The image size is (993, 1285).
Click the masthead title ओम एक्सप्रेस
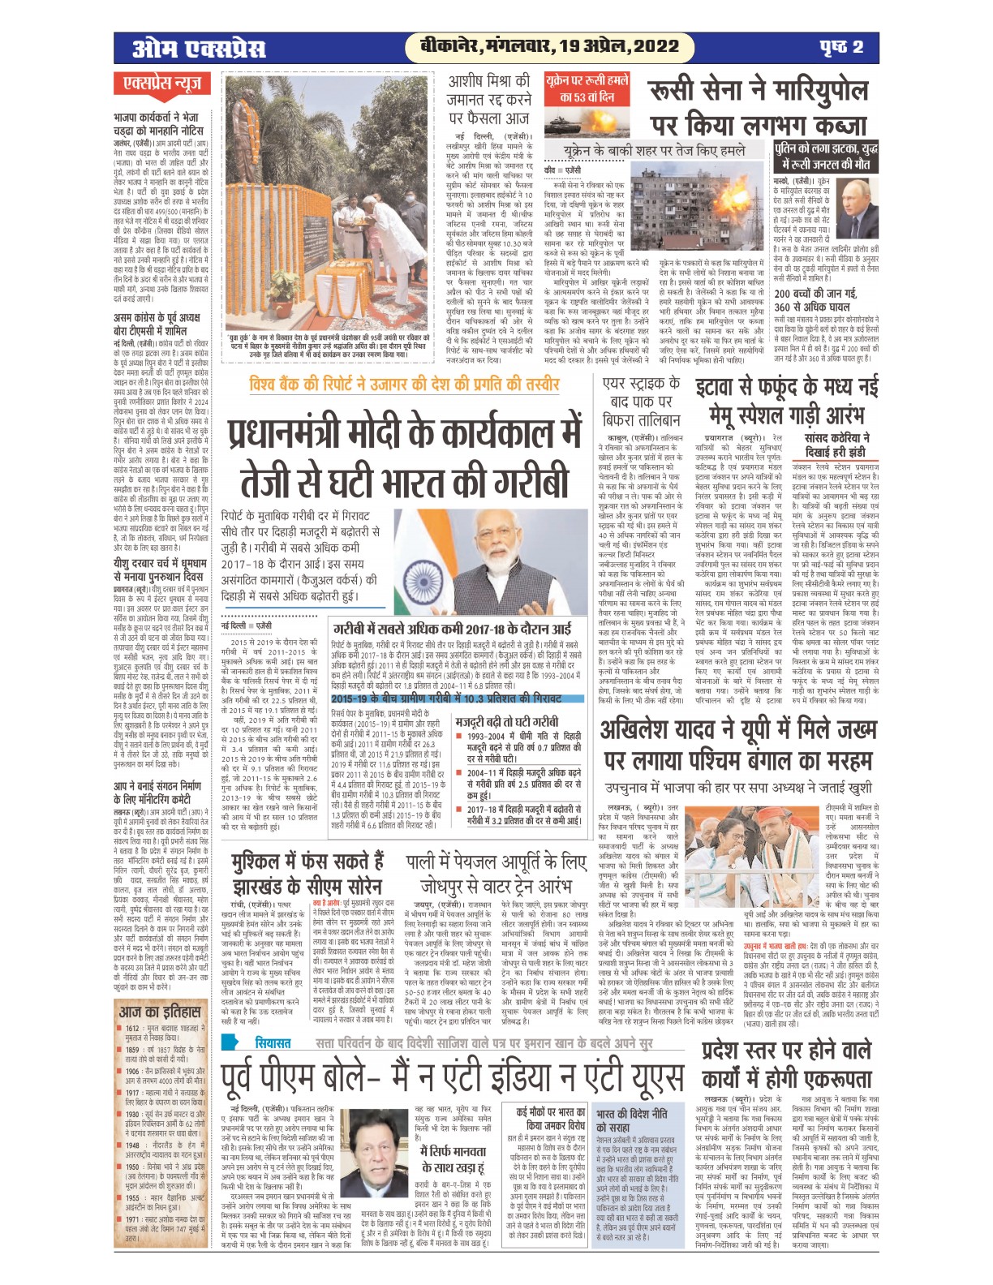[199, 49]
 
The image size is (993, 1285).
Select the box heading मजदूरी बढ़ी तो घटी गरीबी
[506, 721]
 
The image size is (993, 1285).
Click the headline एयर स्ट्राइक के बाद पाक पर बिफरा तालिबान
[642, 402]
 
